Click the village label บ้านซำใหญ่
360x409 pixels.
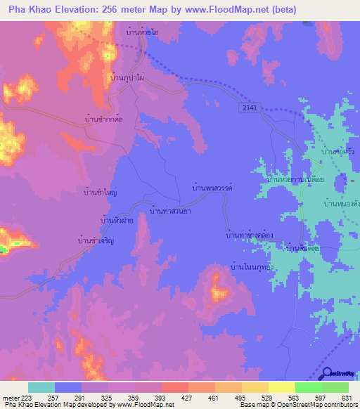[x=100, y=191]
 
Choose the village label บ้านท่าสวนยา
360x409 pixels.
[x=172, y=209]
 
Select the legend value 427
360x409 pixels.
[x=188, y=397]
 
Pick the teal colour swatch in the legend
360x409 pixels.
[x=41, y=387]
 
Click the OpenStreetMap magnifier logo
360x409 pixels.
[x=326, y=373]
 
